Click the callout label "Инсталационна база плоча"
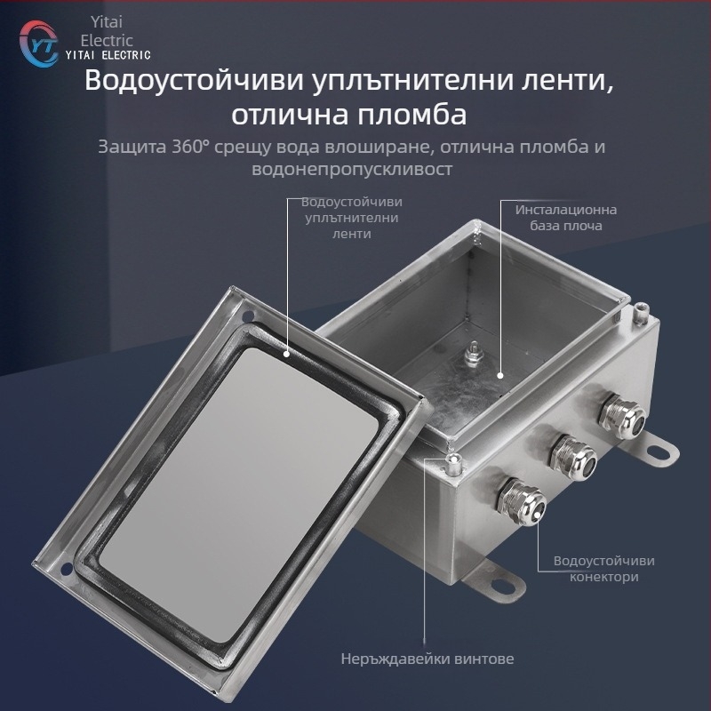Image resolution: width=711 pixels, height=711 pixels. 566,218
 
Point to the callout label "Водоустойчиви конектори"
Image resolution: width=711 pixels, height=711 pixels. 603,569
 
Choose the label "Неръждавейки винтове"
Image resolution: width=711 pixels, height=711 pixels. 427,659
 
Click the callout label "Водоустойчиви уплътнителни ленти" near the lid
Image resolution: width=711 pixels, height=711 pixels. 350,218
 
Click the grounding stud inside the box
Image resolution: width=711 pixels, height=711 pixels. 473,354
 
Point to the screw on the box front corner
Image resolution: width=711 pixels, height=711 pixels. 454,460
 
